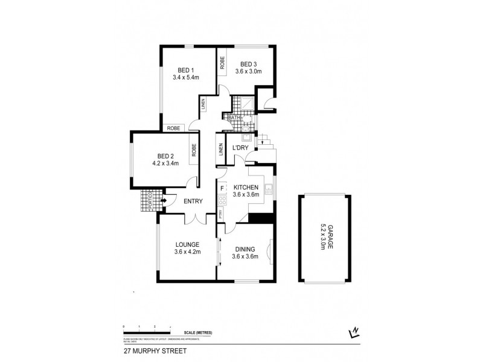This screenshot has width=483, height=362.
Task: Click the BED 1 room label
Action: (185, 69)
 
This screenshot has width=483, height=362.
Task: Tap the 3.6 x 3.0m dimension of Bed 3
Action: (249, 71)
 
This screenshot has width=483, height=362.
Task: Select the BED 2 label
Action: (161, 154)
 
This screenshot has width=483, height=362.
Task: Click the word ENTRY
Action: (193, 202)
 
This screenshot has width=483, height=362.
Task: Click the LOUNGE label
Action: (187, 244)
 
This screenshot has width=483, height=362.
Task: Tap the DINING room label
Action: (245, 249)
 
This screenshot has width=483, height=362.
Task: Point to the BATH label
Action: (232, 118)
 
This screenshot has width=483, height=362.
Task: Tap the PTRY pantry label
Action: (221, 214)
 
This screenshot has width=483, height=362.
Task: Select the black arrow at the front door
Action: (164, 200)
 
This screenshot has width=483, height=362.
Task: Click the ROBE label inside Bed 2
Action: (194, 150)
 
